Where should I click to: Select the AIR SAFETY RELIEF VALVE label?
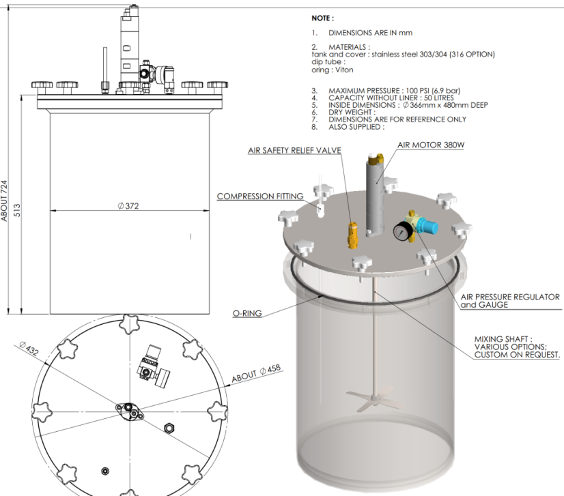pos(294,150)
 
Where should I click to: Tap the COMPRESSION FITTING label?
pos(260,196)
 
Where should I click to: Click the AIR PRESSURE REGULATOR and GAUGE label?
pos(510,301)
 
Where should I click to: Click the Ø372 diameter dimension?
pos(129,205)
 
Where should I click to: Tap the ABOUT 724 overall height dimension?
pos(6,200)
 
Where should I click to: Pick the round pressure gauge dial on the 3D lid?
pos(399,232)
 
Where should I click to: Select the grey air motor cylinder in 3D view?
pos(374,198)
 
